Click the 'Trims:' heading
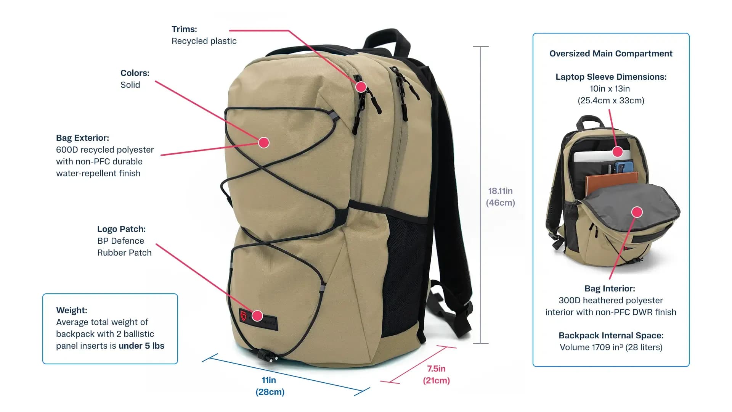tap(184, 29)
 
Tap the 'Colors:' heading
tap(135, 73)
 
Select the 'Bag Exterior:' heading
tap(82, 138)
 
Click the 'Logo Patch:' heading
tap(121, 229)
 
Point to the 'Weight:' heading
tap(72, 310)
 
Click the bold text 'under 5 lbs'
tap(141, 346)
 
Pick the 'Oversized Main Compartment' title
tap(611, 53)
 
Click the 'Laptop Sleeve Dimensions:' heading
tap(611, 77)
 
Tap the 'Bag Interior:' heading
tap(610, 288)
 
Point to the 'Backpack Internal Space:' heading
tap(611, 335)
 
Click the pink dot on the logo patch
tap(257, 315)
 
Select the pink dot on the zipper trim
tap(361, 87)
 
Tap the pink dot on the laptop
tap(618, 152)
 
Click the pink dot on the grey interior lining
tap(637, 212)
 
